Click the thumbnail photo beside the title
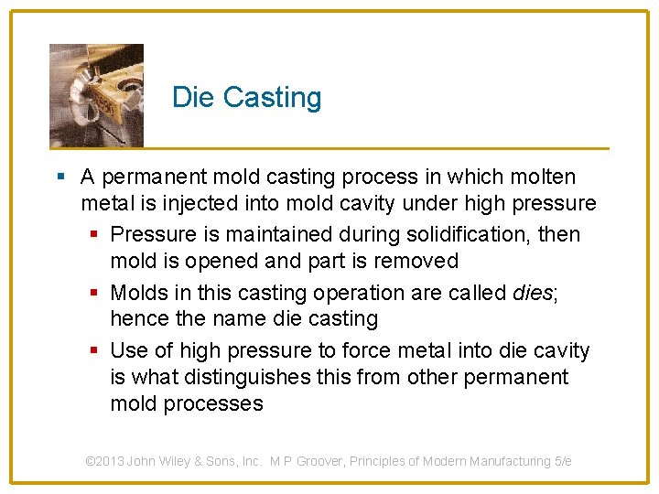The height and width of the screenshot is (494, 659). tap(96, 95)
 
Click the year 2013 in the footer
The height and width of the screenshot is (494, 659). tap(111, 461)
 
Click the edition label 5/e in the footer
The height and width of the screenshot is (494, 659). tap(563, 461)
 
